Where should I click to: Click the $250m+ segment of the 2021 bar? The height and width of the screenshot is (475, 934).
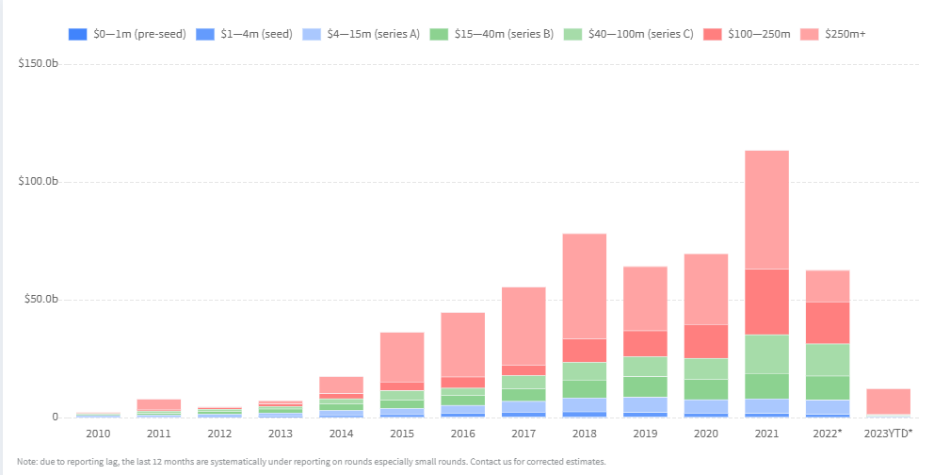pos(765,209)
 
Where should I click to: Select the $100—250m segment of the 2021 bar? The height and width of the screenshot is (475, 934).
pos(765,302)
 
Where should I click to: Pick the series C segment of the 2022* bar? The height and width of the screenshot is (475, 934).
pos(827,359)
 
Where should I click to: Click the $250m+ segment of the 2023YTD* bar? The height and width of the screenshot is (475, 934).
pos(887,401)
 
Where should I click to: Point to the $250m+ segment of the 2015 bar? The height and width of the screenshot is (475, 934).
pos(401,356)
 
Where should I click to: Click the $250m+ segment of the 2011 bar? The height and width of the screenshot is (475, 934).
pos(158,403)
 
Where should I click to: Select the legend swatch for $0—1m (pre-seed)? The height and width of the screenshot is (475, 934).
pos(77,34)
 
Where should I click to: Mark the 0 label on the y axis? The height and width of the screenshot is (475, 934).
pos(55,418)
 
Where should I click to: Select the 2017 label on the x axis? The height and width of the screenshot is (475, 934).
pos(523,434)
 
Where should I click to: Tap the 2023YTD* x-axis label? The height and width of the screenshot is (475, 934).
pos(887,434)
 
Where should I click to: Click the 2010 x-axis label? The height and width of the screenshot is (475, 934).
pos(97,434)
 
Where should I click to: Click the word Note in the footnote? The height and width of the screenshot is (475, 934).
pos(28,462)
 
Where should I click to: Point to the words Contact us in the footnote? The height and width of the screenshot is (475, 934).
pos(487,462)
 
